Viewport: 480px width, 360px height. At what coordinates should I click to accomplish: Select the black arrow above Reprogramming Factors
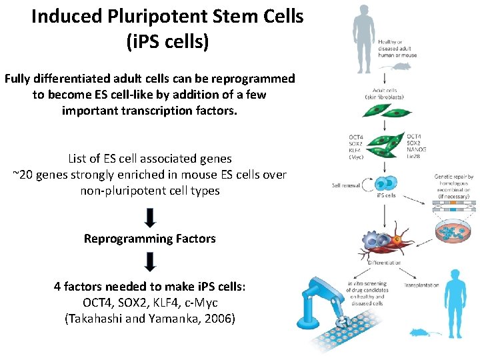tap(150, 217)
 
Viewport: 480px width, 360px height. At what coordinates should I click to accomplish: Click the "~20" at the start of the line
tap(23, 175)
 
